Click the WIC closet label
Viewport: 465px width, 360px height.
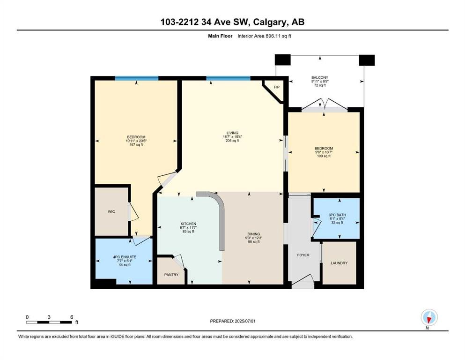tap(111, 211)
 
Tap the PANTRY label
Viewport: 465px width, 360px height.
tap(171, 275)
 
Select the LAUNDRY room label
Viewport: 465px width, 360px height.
tap(339, 263)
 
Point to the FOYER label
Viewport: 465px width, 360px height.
tap(303, 255)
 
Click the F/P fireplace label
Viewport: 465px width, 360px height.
tap(276, 87)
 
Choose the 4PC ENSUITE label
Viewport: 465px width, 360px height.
tap(125, 257)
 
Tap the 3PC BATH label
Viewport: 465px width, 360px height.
tap(337, 215)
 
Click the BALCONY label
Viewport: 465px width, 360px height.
tap(320, 77)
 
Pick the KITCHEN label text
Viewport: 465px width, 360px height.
tap(189, 224)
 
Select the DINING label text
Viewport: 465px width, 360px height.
tap(254, 234)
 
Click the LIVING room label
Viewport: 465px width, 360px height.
tap(232, 133)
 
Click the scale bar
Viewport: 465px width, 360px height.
tap(49, 322)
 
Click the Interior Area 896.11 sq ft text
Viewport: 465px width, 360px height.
tap(265, 36)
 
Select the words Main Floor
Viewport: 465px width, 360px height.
tap(221, 36)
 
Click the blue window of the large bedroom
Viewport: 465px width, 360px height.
tap(137, 78)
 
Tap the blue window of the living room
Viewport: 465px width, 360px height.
tap(229, 78)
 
